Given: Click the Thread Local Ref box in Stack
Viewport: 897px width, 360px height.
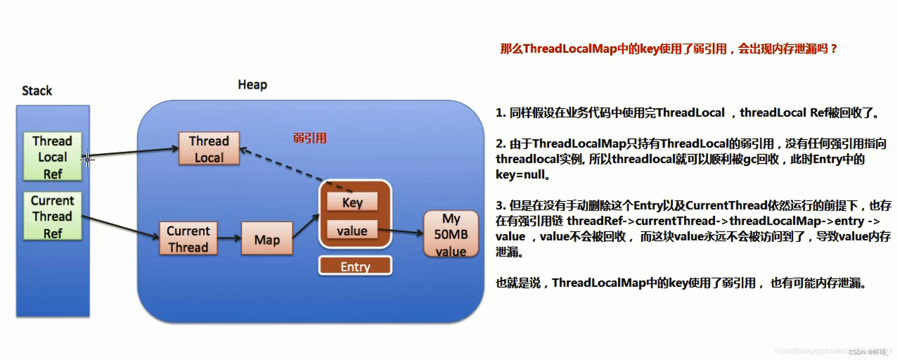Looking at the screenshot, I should [52, 156].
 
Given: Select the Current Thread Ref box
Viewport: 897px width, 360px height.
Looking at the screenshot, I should [52, 216].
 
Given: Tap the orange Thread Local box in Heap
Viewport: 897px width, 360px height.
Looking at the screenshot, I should [209, 148].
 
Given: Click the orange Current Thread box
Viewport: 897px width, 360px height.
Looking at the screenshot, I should [188, 238].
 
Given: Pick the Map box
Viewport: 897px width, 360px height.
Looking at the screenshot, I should [266, 239].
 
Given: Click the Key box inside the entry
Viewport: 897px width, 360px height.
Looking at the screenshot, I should [352, 202].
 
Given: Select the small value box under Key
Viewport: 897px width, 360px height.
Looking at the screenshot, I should [352, 230].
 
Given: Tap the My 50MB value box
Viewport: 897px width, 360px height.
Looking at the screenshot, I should [450, 234].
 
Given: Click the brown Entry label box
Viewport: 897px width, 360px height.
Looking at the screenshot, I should [355, 266].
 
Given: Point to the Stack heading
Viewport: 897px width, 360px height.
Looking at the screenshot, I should [36, 90].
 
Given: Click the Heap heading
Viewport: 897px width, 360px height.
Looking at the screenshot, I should [252, 84].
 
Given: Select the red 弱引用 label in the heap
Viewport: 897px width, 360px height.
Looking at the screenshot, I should [309, 138].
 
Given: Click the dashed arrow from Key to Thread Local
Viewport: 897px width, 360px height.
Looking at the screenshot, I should [295, 169].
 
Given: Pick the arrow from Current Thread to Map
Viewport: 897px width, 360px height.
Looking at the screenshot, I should [229, 238].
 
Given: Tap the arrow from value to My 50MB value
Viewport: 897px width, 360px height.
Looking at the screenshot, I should [400, 231].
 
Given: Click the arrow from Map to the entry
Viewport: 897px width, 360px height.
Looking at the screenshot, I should [305, 226].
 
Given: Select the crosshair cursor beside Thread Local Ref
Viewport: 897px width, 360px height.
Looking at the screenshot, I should [87, 159].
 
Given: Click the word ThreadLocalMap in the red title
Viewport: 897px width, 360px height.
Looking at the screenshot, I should [570, 48].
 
